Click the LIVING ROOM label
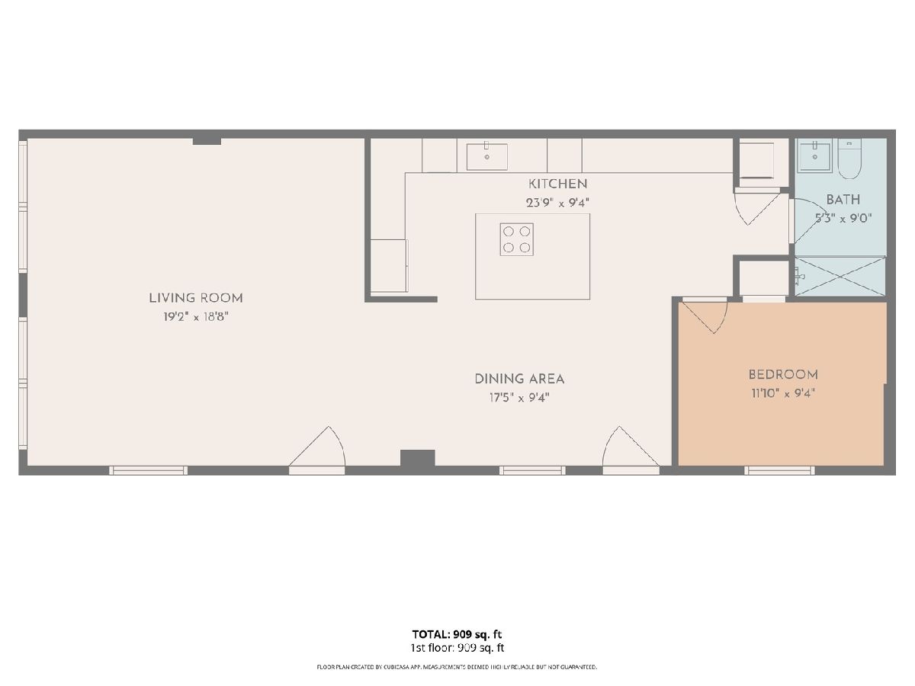[196, 298]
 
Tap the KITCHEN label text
[557, 184]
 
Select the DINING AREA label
[519, 379]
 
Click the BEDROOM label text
[783, 374]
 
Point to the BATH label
[843, 200]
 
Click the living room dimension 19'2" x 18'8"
[196, 317]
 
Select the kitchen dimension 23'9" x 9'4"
[557, 203]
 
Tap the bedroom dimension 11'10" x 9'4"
[783, 393]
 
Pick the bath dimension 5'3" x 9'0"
[843, 218]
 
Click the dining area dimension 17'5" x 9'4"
[519, 398]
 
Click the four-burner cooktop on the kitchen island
[516, 239]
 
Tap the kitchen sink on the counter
[486, 156]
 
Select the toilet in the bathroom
[849, 160]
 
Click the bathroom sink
[814, 155]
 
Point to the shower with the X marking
[840, 276]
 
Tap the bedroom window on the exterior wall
[779, 470]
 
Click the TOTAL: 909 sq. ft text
[457, 634]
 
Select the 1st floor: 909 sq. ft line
[457, 648]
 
